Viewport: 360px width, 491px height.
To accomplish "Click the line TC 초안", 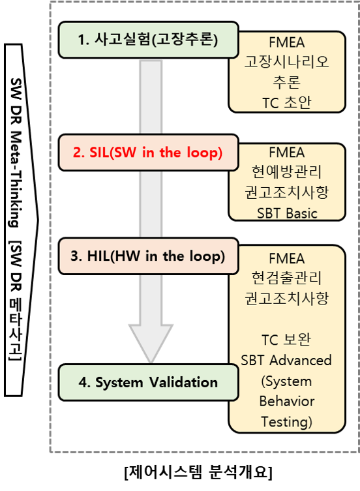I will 287,102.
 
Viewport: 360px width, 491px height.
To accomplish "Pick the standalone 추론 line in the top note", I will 287,83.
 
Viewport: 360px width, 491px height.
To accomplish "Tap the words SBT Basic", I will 287,213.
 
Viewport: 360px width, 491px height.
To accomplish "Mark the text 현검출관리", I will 287,278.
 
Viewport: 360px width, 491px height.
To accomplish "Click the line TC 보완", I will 287,340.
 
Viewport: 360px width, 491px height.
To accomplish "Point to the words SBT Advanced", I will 287,360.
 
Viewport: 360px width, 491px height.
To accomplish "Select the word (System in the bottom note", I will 287,381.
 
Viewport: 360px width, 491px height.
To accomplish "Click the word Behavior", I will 287,401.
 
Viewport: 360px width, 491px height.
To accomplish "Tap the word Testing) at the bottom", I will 287,421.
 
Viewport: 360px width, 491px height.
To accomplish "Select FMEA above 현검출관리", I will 287,259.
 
